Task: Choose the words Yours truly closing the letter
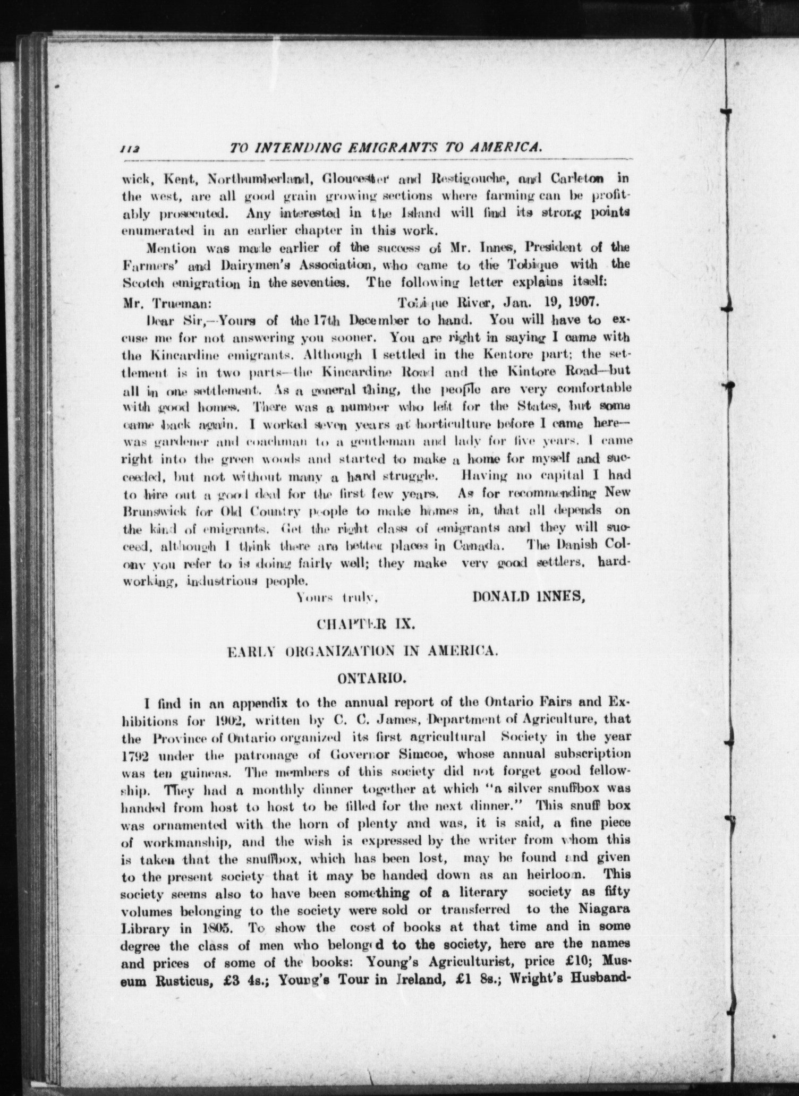click(337, 598)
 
